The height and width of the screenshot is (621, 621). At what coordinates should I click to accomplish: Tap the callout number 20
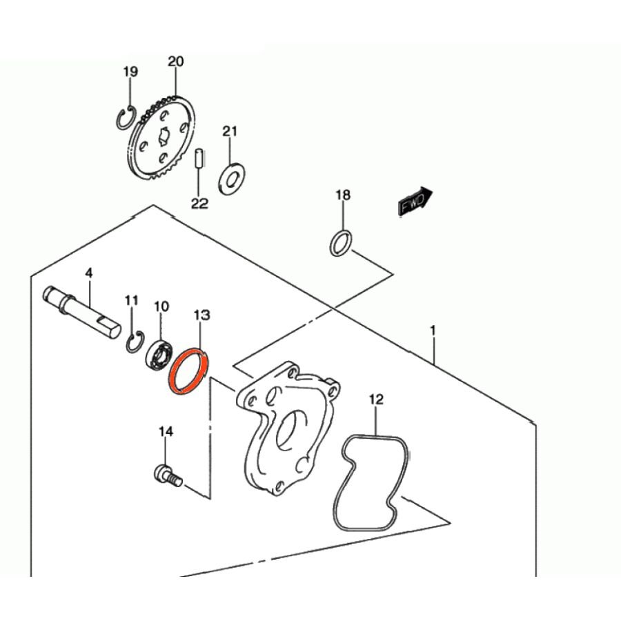[x=176, y=62]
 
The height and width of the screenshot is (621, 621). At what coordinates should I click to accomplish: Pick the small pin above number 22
[x=199, y=159]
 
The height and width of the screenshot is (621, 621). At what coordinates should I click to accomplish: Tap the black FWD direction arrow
[x=415, y=201]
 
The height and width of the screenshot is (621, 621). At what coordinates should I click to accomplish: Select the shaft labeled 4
[x=82, y=312]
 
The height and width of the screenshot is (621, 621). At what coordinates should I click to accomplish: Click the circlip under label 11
[x=129, y=341]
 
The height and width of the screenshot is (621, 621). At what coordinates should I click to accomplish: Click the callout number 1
[x=433, y=330]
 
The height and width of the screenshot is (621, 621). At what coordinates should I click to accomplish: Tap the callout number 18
[x=343, y=195]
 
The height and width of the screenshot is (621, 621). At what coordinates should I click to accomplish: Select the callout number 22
[x=199, y=204]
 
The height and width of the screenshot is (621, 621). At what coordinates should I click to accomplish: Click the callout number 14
[x=166, y=431]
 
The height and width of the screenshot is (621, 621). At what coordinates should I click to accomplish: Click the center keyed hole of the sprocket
[x=164, y=136]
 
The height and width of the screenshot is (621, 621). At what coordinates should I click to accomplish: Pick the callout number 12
[x=376, y=400]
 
